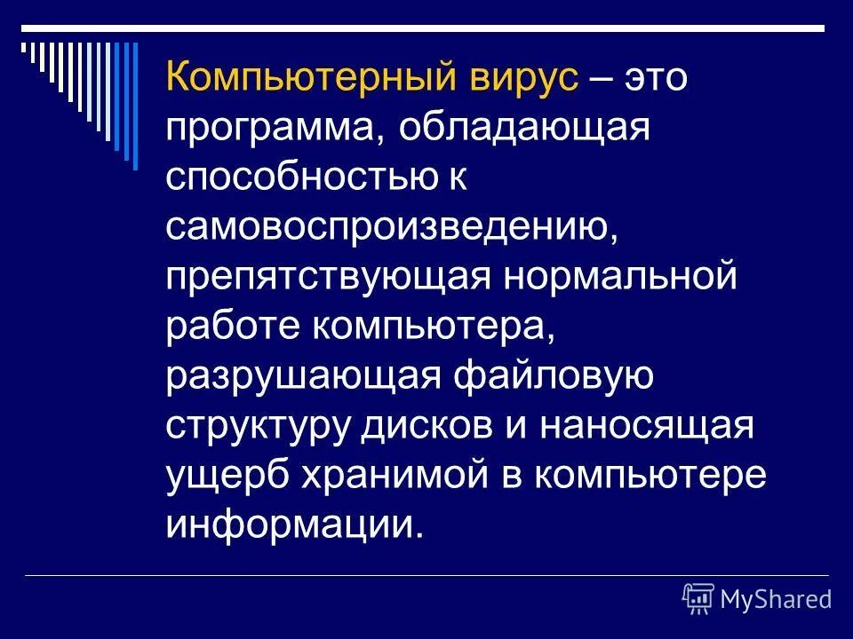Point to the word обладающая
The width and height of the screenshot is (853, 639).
(x=525, y=130)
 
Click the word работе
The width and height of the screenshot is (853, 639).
(x=232, y=327)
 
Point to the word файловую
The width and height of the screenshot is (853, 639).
(x=554, y=376)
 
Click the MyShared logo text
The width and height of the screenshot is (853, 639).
(x=775, y=599)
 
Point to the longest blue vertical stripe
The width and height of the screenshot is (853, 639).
(x=135, y=105)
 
